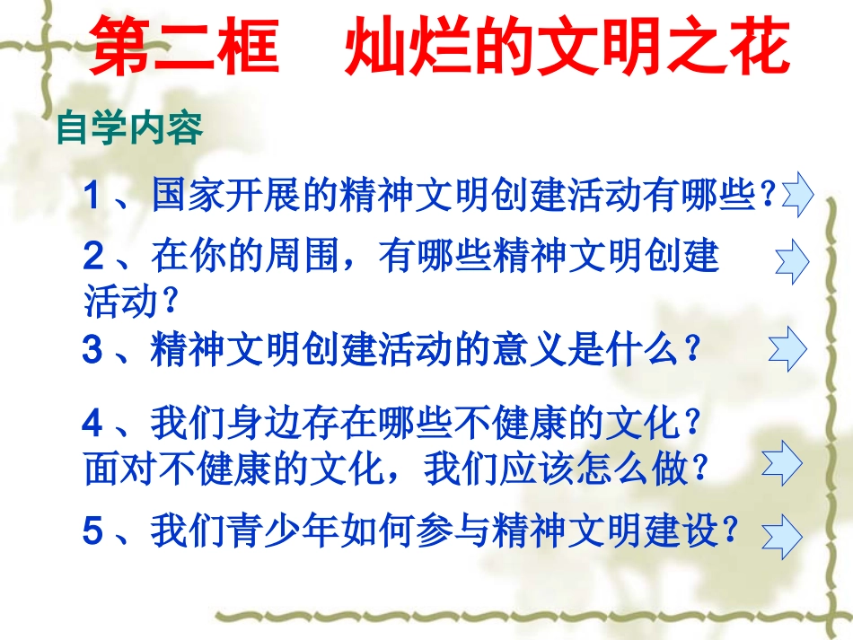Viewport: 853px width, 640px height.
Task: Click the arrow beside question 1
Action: pos(797,195)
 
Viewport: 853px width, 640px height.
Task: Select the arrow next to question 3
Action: pos(787,347)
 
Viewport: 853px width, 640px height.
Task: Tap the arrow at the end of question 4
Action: pos(781,463)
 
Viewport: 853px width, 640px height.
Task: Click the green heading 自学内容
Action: pos(129,128)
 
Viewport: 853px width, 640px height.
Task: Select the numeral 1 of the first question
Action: pos(92,195)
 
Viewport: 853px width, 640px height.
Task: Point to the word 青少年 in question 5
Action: pos(255,530)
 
